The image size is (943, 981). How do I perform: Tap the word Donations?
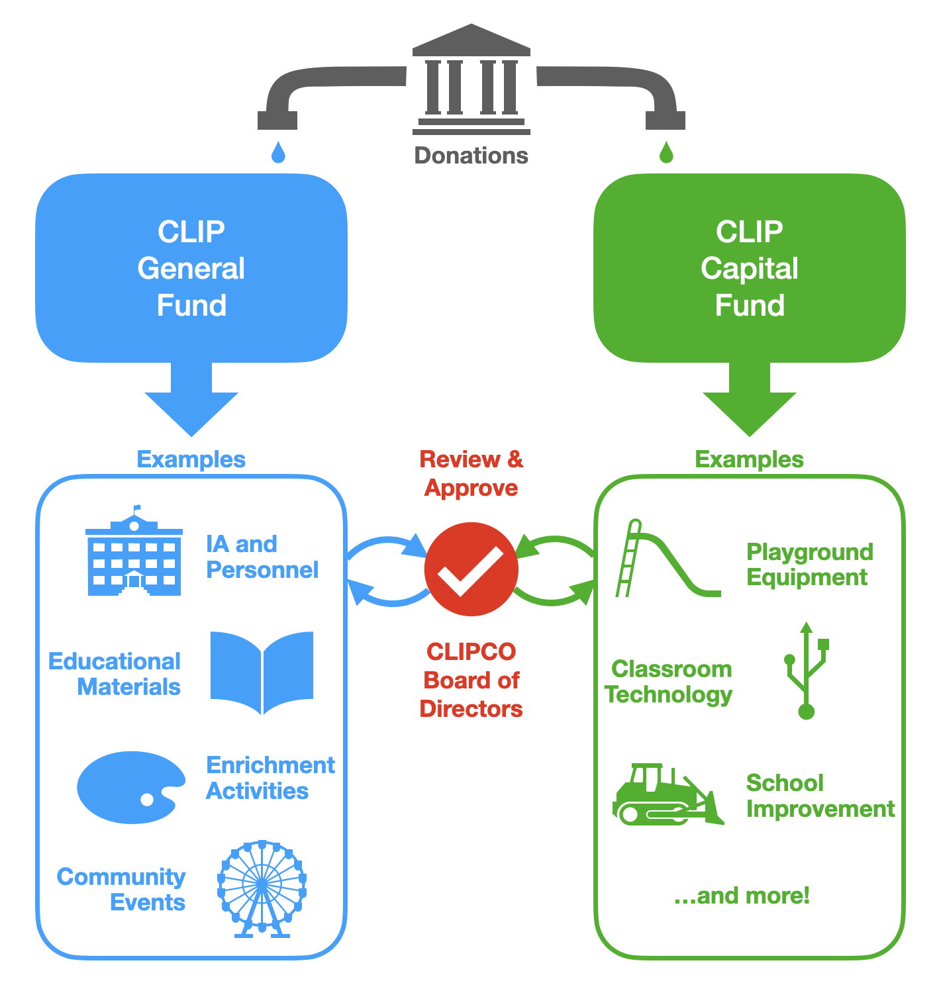(x=471, y=156)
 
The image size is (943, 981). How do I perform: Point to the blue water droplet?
(x=278, y=153)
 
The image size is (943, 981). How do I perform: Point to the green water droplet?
(x=666, y=153)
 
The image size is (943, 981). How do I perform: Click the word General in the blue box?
(x=191, y=269)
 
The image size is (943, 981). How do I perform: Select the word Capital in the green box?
(x=750, y=269)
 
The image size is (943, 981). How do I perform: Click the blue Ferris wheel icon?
(x=262, y=887)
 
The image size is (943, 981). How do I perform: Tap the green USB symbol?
(x=806, y=671)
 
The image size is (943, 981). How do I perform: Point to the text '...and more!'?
(x=742, y=896)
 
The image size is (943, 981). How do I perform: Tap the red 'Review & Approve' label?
(x=471, y=473)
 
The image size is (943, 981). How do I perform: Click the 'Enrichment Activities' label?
(x=270, y=778)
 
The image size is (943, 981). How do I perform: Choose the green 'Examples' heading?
(x=749, y=459)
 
